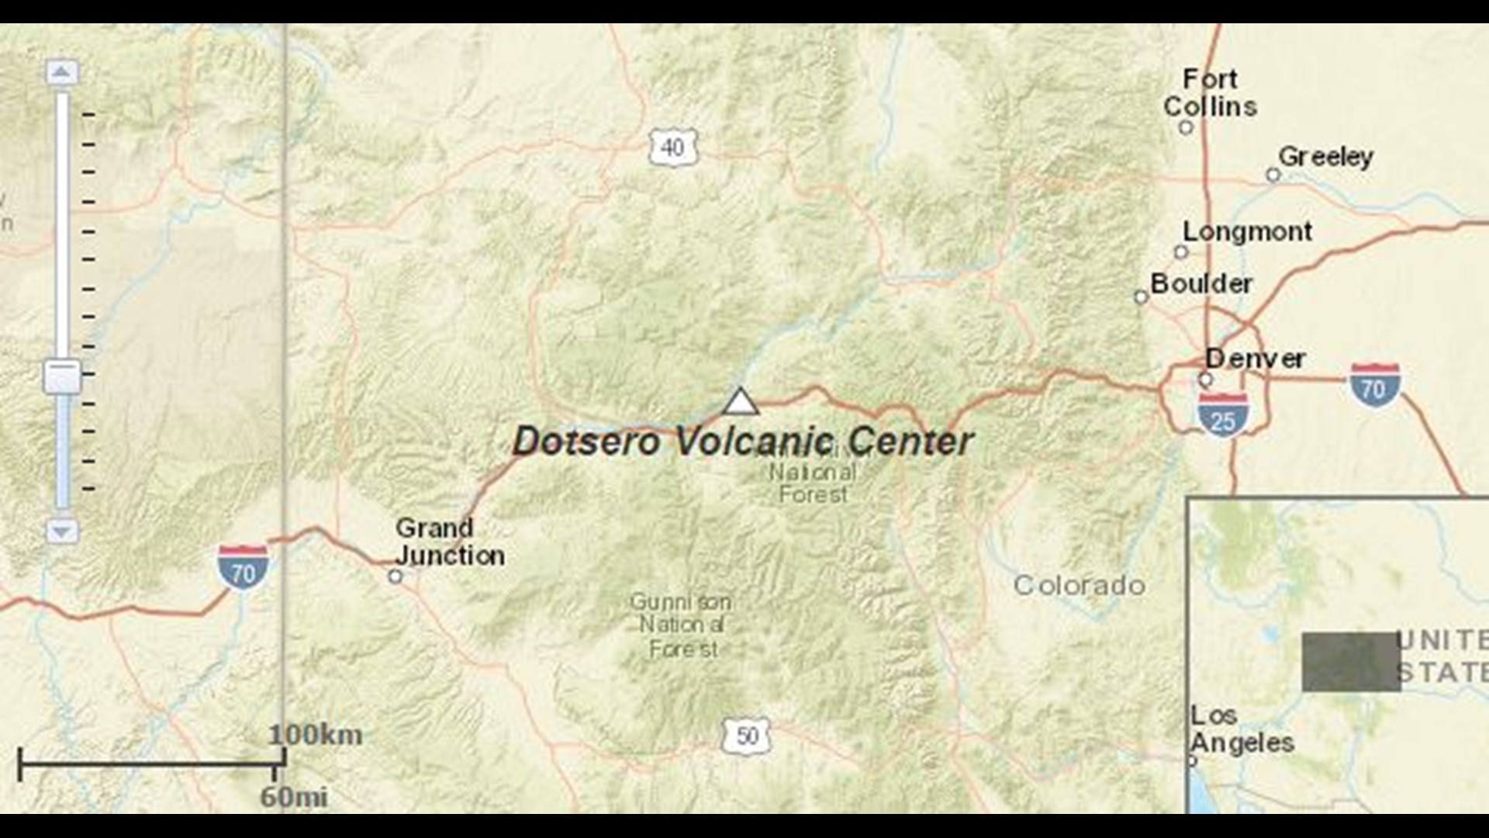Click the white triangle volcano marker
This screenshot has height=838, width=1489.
coord(741,402)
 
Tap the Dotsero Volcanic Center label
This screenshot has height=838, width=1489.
coord(743,442)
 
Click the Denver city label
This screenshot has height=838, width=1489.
coord(1255,358)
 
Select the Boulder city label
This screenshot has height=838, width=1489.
coord(1201,284)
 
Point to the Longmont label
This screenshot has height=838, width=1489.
coord(1247,231)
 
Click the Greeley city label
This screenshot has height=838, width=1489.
coord(1325,157)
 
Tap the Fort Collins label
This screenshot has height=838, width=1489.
coord(1210,92)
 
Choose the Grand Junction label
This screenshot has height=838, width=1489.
coord(450,542)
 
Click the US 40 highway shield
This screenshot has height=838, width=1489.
coord(673,147)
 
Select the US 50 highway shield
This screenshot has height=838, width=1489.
coord(746,735)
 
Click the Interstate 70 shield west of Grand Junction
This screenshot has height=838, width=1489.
coord(244,567)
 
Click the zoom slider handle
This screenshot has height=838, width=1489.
coord(62,376)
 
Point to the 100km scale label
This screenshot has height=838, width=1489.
coord(316,735)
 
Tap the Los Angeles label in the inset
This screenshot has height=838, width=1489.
coord(1241,729)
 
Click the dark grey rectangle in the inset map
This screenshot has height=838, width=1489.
coord(1351,662)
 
